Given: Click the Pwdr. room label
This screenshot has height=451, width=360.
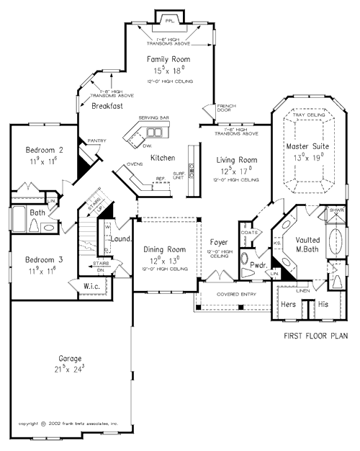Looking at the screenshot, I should pos(259,265).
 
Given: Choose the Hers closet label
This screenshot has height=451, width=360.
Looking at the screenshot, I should pos(289,305).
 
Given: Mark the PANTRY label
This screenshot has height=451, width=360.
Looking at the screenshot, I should pos(96,141).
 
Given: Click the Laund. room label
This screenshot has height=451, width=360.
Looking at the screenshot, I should pos(120,238).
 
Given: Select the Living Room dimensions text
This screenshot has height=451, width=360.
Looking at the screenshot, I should pos(236,171).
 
